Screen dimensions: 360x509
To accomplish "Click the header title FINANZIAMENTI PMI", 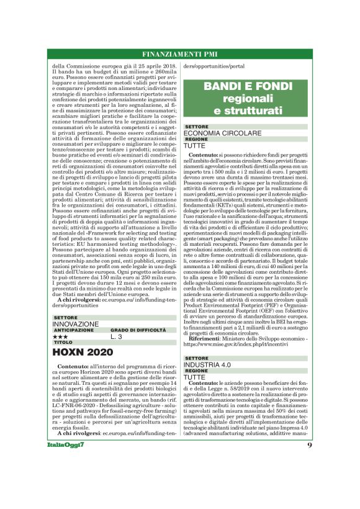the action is click(x=179, y=53).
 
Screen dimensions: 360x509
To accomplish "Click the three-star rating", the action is click(x=60, y=336).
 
